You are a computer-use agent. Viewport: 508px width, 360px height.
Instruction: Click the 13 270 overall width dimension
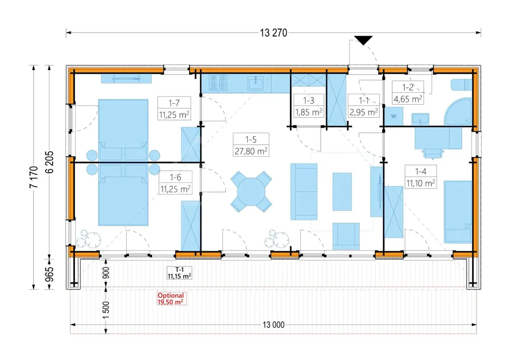273,33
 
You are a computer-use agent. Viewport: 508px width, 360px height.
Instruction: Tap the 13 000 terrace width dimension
273,325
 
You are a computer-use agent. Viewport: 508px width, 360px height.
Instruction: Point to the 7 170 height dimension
34,177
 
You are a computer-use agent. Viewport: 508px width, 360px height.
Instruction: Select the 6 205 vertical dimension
49,162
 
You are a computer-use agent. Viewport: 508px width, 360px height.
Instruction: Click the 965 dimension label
49,274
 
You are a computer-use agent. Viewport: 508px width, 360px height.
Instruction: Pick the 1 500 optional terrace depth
106,310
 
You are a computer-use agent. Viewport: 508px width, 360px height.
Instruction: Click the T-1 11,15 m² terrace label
179,273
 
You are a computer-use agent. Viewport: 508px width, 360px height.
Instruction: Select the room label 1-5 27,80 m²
251,145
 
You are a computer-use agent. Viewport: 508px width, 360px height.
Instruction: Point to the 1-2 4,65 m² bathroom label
408,93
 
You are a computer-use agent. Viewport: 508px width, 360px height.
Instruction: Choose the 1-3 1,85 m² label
309,106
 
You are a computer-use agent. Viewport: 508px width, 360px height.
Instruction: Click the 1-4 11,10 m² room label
421,177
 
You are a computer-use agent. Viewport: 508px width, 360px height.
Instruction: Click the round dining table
251,192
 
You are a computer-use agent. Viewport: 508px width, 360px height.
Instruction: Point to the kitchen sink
255,83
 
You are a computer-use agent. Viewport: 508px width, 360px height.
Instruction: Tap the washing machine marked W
394,116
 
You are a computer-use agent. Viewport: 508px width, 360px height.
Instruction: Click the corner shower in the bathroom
458,112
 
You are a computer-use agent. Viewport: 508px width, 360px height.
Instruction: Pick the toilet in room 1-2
462,85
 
